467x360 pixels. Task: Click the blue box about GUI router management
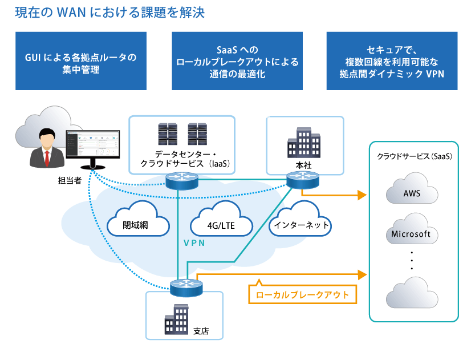81,61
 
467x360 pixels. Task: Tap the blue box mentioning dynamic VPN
392,61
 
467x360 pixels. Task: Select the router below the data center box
181,181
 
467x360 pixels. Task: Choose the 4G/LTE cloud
221,225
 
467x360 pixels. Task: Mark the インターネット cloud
301,225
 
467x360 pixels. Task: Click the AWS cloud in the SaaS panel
412,193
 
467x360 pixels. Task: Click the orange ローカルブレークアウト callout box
302,295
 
